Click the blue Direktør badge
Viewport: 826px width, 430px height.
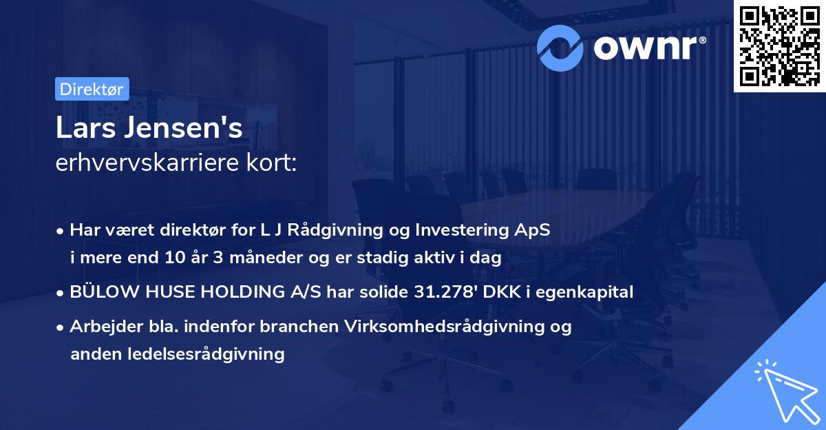pos(92,89)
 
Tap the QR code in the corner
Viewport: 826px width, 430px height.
pos(779,46)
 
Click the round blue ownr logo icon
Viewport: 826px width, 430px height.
pos(560,48)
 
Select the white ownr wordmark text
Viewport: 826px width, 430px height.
pos(650,48)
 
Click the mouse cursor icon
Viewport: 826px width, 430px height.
pos(787,391)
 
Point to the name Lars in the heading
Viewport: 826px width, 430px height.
pos(85,127)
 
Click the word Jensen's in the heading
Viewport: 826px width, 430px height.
pos(183,127)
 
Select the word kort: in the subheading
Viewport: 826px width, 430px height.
pos(271,163)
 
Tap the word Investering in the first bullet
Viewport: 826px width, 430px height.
pos(462,231)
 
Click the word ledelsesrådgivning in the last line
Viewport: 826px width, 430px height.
pos(206,354)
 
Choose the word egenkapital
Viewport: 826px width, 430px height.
pos(584,293)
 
